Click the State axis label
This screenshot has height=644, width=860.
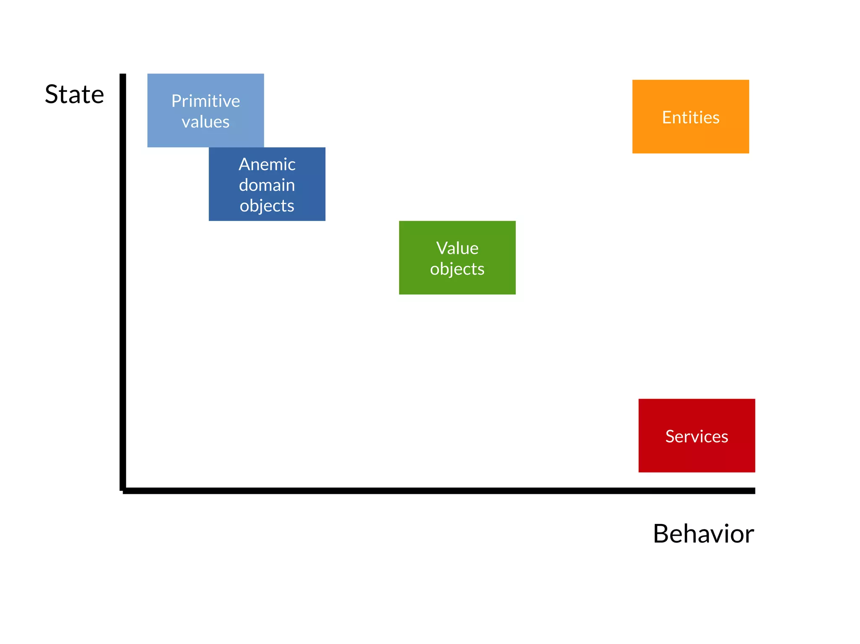[x=74, y=94]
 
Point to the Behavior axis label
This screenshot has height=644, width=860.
[x=703, y=534]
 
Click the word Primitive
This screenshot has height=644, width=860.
[x=205, y=101]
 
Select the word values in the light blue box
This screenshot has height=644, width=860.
[x=205, y=122]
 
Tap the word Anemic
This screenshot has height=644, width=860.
[x=267, y=164]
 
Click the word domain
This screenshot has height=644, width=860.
[x=267, y=185]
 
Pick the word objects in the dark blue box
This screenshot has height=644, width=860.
[x=267, y=206]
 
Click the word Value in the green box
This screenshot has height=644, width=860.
[x=457, y=248]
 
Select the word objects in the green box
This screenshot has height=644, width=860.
[x=457, y=269]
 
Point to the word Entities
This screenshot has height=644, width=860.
[x=691, y=117]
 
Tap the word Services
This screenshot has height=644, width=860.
[x=697, y=436]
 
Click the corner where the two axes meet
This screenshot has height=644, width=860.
[x=123, y=490]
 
